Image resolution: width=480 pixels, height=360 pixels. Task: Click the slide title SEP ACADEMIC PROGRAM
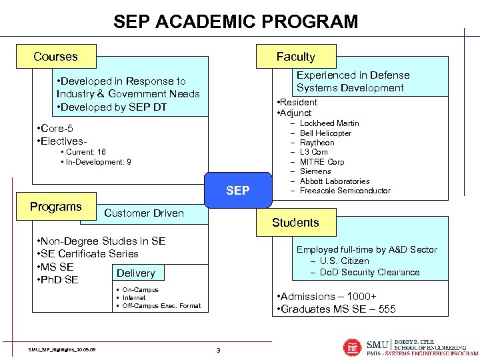(235, 21)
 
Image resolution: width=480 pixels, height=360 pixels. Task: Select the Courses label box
(56, 57)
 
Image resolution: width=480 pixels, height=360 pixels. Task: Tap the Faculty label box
(295, 57)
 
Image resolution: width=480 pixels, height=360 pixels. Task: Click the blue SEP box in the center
(238, 191)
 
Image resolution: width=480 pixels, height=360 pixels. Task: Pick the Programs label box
(56, 207)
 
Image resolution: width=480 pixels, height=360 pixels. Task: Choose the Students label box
(295, 223)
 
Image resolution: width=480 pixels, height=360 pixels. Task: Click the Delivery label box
(135, 273)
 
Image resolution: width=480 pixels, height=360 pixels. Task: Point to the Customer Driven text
(144, 213)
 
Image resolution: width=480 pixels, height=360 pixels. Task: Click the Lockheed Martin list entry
(329, 123)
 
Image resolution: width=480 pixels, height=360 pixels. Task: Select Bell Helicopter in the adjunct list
(325, 133)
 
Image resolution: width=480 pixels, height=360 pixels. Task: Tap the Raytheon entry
(317, 143)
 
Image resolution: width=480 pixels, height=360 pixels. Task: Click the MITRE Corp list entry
(322, 162)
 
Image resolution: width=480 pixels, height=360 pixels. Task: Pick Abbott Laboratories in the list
(335, 181)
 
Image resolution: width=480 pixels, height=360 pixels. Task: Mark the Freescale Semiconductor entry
(345, 191)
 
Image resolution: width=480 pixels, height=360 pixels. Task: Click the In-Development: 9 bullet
(98, 162)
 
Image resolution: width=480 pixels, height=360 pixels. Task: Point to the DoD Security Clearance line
(369, 272)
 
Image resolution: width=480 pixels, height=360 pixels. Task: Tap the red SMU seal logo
(353, 347)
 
